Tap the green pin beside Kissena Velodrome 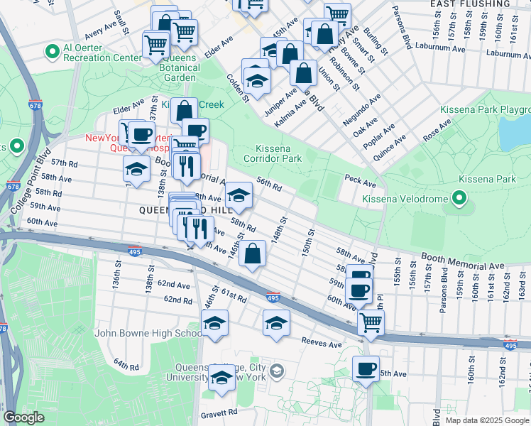(x=459, y=197)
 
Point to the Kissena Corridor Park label (x=283, y=153)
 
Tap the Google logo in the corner (x=23, y=417)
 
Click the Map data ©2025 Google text (x=486, y=420)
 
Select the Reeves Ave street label (x=322, y=344)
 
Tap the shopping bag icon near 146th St (x=252, y=253)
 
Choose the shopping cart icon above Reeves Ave (x=370, y=322)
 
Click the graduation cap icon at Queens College (x=221, y=379)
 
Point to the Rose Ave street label (x=437, y=131)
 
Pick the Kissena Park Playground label (x=485, y=110)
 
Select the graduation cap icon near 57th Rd (x=136, y=168)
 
